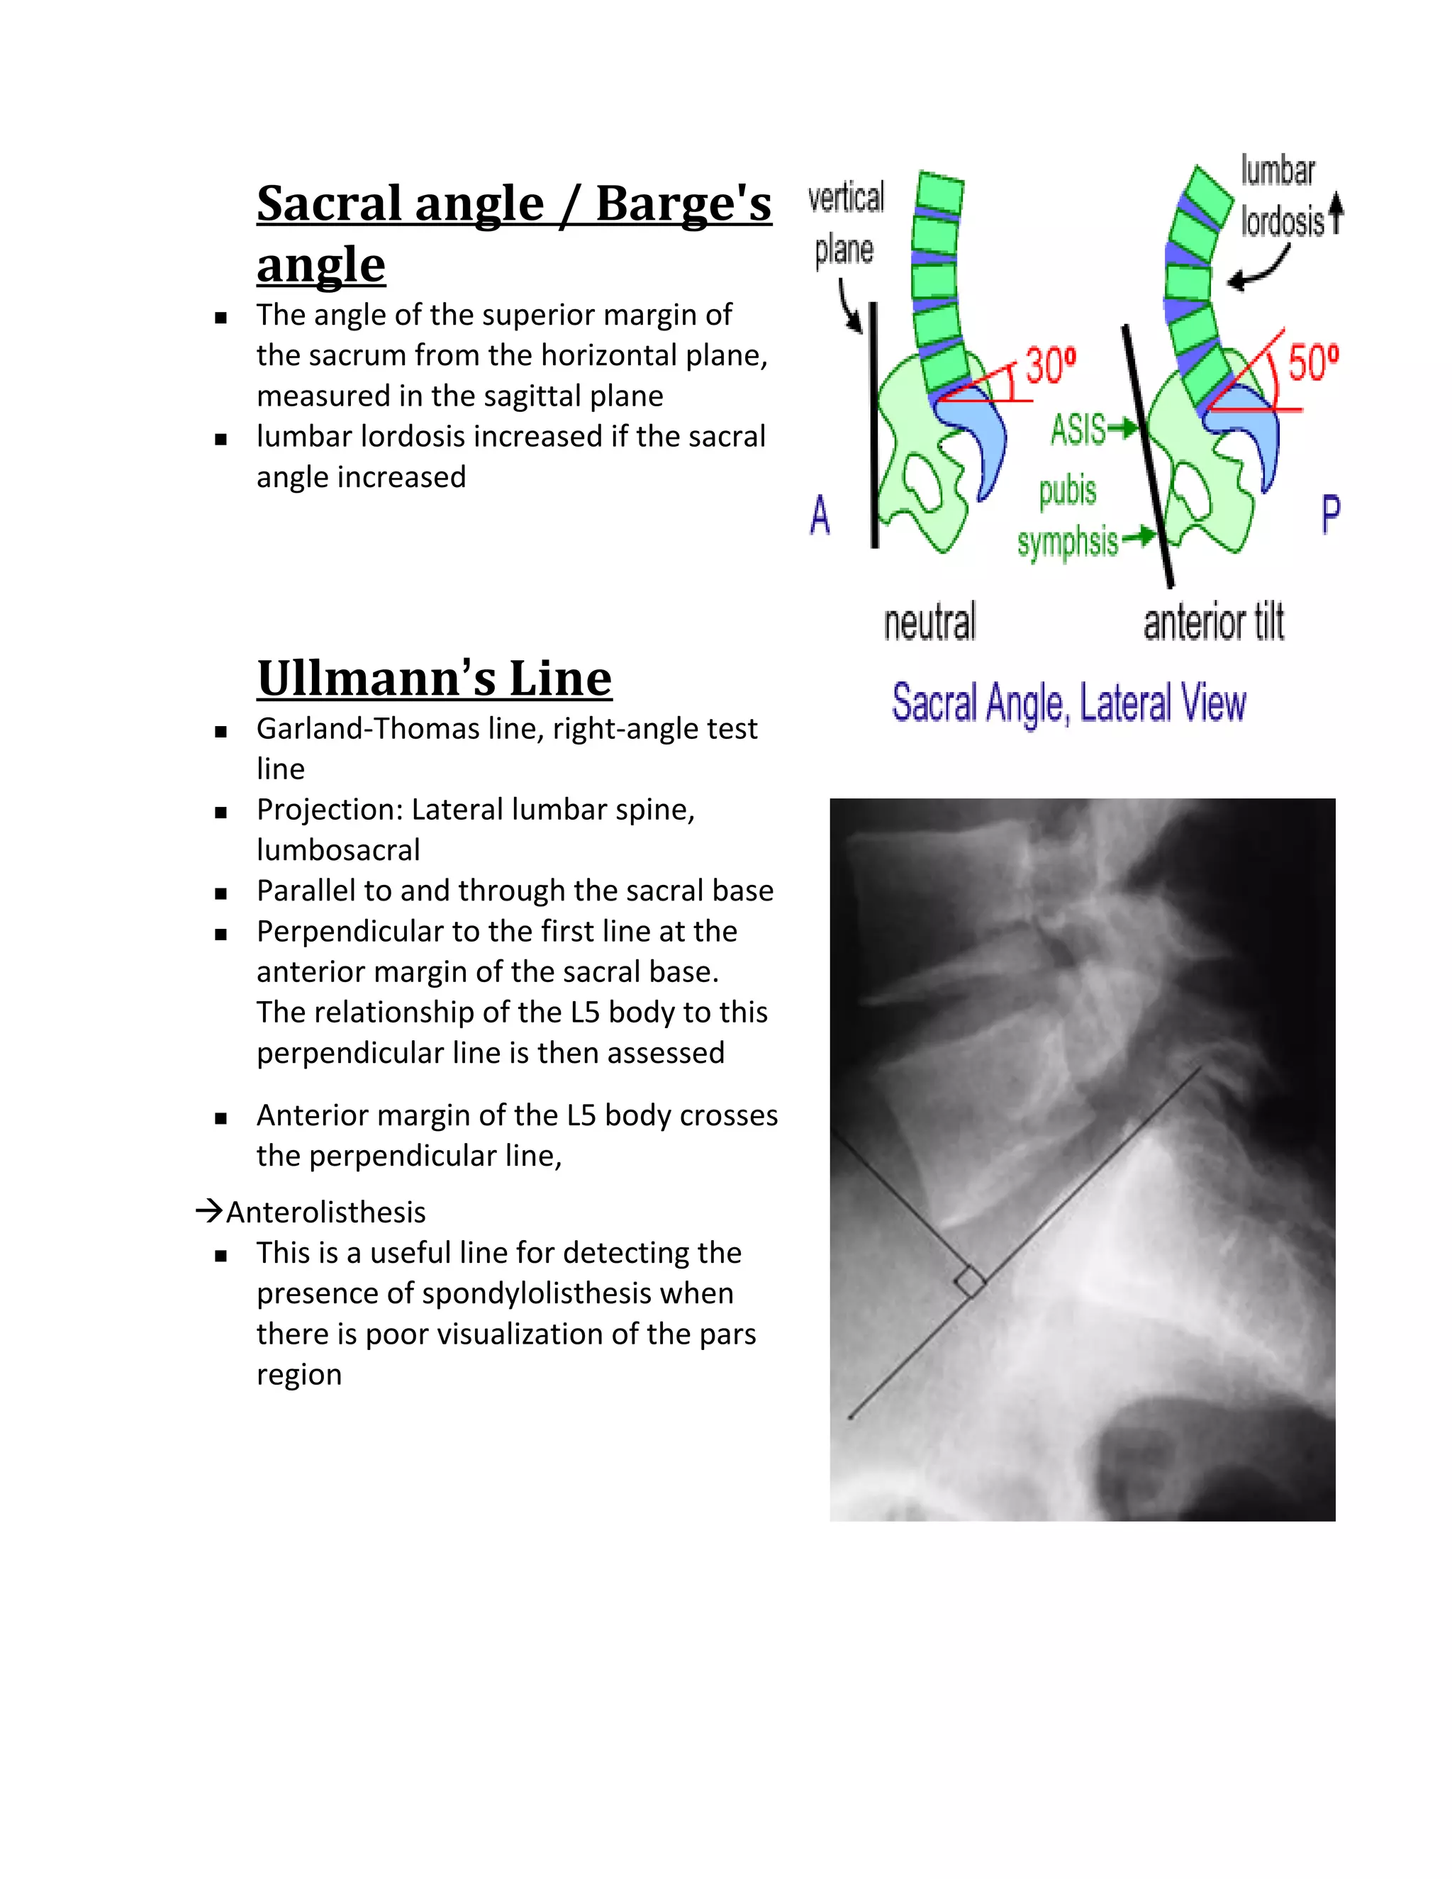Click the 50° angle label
pos(1312,362)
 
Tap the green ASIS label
pos(1078,429)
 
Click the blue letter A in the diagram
pos(820,515)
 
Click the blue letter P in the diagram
pos(1330,515)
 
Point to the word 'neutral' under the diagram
pos(930,622)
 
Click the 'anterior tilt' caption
pos(1213,622)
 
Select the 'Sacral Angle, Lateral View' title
pos(1068,703)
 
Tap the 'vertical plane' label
pos(846,223)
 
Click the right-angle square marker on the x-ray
pos(969,1282)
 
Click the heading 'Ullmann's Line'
pos(435,678)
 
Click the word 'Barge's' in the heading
pos(683,204)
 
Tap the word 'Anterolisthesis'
pos(325,1212)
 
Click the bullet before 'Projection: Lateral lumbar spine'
pos(221,811)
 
